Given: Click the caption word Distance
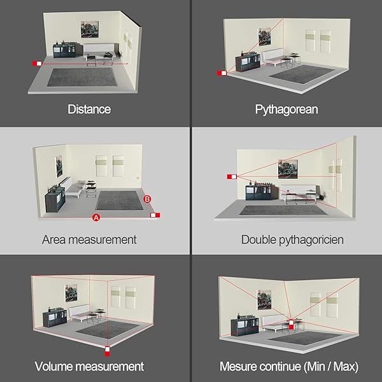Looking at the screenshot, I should click(x=89, y=110).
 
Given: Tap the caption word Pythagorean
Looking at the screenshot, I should click(x=286, y=110).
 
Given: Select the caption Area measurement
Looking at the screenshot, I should click(x=89, y=240).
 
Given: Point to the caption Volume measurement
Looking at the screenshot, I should click(x=89, y=367).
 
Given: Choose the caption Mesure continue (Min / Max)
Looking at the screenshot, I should click(x=288, y=367).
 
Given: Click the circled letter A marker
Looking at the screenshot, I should click(x=96, y=217).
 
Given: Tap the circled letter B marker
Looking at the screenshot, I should click(x=148, y=199).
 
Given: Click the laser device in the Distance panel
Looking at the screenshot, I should click(x=37, y=63).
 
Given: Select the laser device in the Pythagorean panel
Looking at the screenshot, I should click(x=222, y=73).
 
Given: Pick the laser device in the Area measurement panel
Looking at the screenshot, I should click(x=154, y=215).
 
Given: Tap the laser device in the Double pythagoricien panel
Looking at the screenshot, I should click(x=231, y=176).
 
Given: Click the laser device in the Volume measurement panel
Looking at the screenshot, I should click(x=107, y=349).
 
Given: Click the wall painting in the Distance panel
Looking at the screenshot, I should click(x=90, y=29).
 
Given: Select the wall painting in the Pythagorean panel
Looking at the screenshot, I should click(x=264, y=37).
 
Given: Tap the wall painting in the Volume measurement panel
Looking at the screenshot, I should click(x=72, y=294).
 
